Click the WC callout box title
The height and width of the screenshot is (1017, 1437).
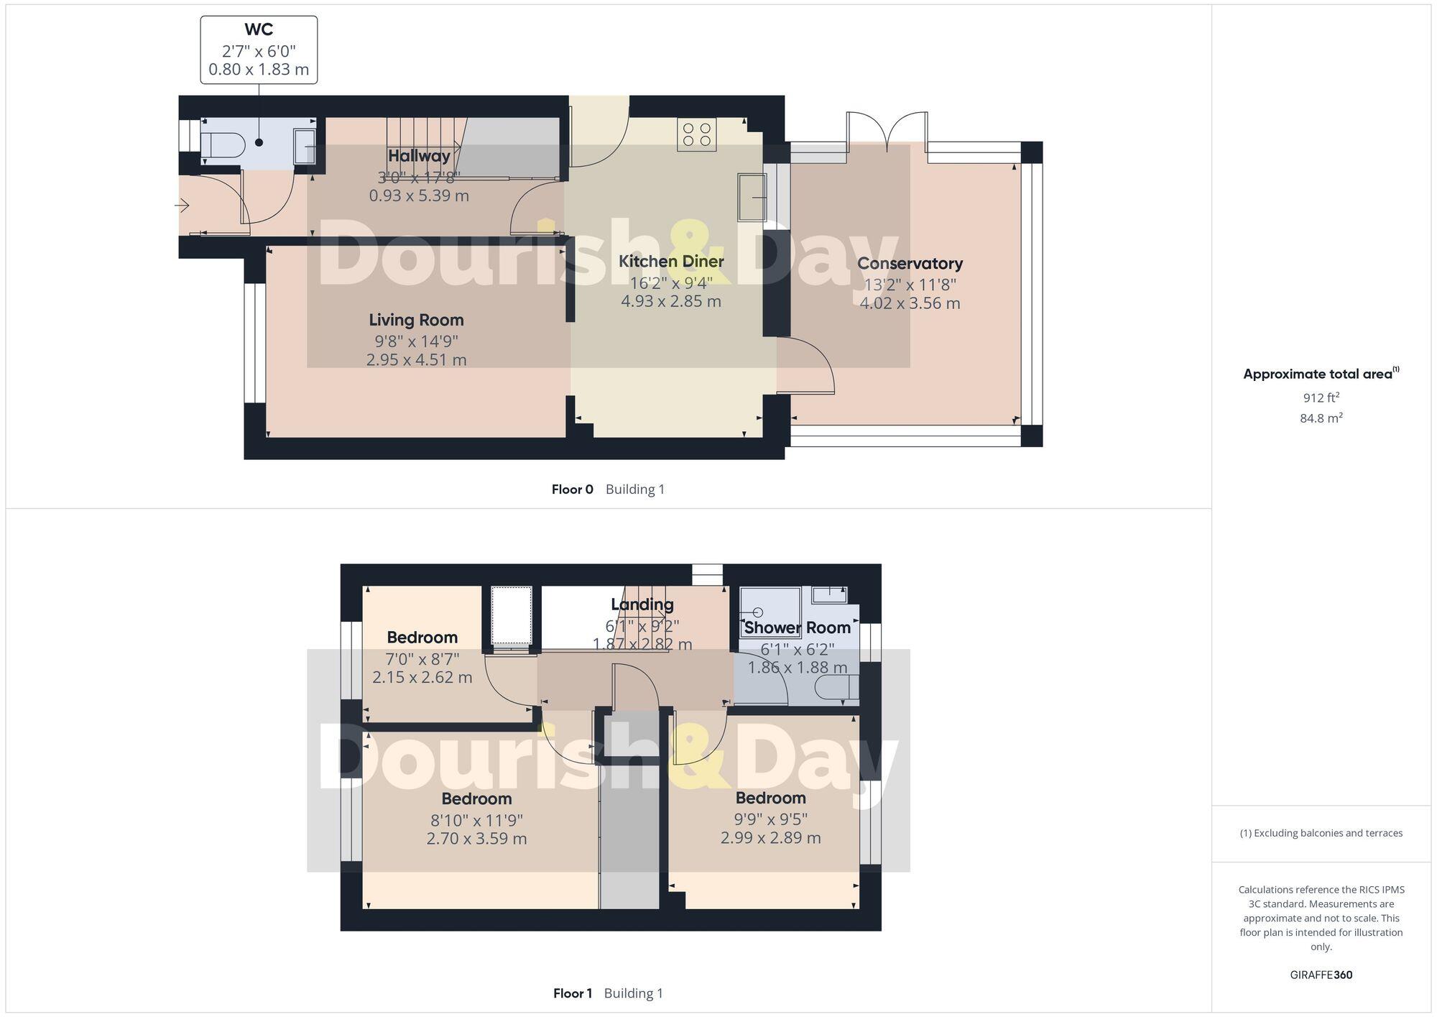(x=259, y=29)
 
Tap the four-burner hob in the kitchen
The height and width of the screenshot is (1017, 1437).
(x=696, y=134)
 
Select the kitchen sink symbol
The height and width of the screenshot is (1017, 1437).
(x=752, y=196)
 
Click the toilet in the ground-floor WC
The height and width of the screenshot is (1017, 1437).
(x=223, y=144)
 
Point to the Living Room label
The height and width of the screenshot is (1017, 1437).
(x=416, y=320)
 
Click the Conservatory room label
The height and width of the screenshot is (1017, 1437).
(x=910, y=263)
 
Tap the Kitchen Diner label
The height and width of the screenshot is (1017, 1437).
(x=671, y=261)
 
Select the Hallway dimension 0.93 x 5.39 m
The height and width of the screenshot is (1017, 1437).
(x=419, y=195)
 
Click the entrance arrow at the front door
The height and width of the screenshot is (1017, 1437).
(x=182, y=206)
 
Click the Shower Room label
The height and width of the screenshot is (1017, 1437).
(x=797, y=627)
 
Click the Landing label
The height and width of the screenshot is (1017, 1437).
(x=642, y=604)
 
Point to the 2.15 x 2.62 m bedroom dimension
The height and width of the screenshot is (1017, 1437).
(x=422, y=677)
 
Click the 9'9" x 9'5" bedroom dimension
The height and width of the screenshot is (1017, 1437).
(x=770, y=819)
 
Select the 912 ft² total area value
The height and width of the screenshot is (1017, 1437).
(x=1321, y=397)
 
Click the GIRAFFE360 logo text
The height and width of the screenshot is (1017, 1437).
(x=1321, y=975)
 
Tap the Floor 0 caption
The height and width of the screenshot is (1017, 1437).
(x=572, y=489)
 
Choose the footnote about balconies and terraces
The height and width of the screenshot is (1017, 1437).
(x=1321, y=833)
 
